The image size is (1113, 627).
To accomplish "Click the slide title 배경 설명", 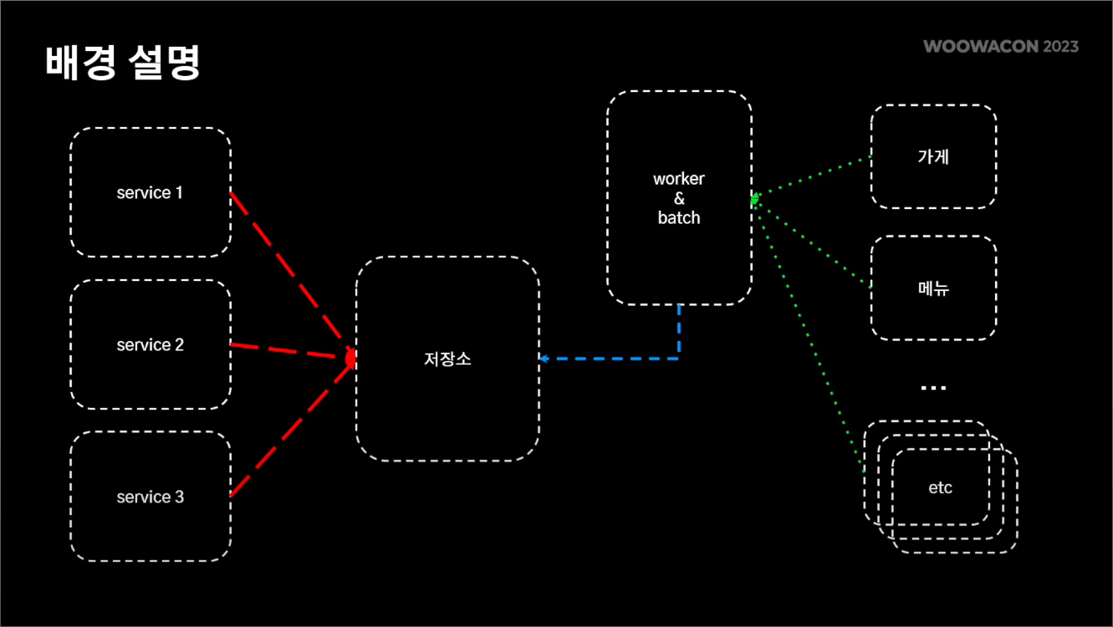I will tap(123, 64).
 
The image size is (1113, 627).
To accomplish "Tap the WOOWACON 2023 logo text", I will tap(1001, 46).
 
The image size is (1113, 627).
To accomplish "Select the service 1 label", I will tap(150, 193).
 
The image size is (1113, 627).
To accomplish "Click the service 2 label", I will tap(150, 345).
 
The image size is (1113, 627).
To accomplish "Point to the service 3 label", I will tap(150, 497).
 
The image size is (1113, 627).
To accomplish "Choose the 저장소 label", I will tap(447, 359).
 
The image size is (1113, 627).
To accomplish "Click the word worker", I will tap(679, 179).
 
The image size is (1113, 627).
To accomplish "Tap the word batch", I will tap(679, 218).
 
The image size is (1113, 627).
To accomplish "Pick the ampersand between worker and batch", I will tap(679, 199).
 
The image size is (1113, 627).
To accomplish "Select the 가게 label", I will tap(933, 156).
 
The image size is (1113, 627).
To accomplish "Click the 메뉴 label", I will tap(933, 288).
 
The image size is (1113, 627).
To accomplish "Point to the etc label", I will tap(941, 487).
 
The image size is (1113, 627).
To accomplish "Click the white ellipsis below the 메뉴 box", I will tap(933, 388).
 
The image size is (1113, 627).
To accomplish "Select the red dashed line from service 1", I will tap(288, 272).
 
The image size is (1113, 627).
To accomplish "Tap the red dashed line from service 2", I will tap(288, 351).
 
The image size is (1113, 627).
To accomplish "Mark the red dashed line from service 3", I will tap(288, 430).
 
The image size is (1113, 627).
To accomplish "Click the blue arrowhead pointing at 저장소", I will tap(544, 359).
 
